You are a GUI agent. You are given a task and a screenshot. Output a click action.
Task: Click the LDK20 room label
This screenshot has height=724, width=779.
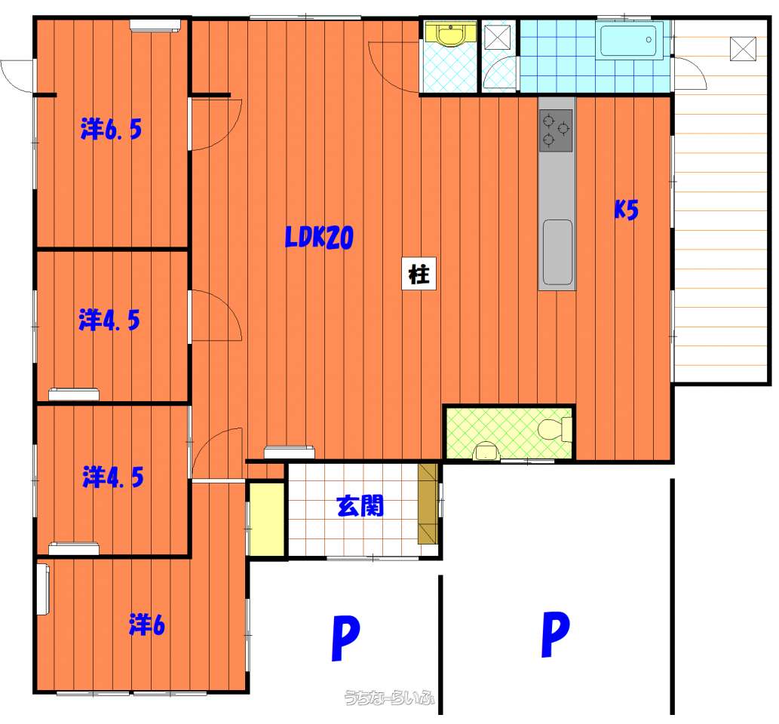(x=319, y=237)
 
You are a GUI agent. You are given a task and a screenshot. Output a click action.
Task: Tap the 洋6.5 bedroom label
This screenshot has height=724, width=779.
(x=112, y=129)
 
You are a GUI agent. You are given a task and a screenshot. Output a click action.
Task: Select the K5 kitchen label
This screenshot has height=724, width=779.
(x=626, y=209)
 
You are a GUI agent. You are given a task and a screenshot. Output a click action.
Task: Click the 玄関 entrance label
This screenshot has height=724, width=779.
(x=360, y=506)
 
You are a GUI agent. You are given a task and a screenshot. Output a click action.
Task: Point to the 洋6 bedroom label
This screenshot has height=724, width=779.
(x=146, y=624)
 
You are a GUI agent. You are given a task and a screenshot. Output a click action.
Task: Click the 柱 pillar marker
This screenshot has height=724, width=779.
(x=419, y=273)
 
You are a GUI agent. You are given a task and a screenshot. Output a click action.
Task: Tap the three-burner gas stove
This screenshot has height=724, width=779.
(x=556, y=130)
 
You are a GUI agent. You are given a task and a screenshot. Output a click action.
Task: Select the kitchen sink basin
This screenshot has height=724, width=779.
(x=557, y=252)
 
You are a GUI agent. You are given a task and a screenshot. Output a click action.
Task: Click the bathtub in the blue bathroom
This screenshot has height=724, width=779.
(x=631, y=41)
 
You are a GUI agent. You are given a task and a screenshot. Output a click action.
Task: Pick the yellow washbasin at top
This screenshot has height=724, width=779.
(x=450, y=34)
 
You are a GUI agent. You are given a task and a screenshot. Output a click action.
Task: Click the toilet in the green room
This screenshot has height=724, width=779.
(x=556, y=430)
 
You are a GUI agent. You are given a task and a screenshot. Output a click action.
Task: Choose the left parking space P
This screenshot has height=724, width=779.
(x=345, y=638)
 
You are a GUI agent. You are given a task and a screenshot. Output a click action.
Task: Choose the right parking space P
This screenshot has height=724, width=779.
(x=555, y=633)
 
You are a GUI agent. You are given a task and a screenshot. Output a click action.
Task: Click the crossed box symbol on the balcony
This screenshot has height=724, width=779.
(x=743, y=49)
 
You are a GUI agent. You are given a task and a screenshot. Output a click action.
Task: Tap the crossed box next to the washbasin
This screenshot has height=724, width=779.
(x=497, y=37)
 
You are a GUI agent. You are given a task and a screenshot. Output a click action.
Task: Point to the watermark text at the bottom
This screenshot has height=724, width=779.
(x=389, y=697)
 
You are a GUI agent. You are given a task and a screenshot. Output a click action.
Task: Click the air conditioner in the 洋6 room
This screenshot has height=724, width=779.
(x=44, y=589)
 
